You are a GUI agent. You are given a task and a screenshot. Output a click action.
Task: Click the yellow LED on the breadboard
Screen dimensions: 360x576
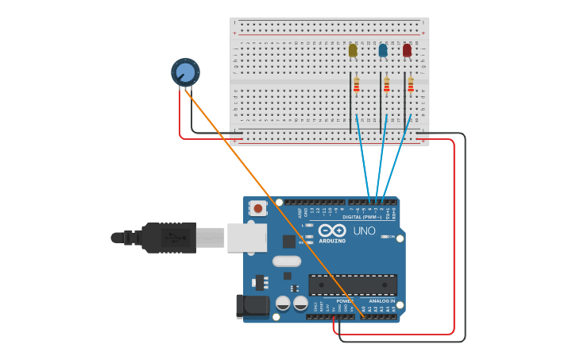[353, 51]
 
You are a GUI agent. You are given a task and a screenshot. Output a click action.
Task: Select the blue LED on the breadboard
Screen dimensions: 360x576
[383, 51]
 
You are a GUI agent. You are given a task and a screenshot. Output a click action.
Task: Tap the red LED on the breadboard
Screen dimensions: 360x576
[407, 51]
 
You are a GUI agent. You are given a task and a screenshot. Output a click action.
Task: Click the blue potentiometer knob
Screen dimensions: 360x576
[185, 72]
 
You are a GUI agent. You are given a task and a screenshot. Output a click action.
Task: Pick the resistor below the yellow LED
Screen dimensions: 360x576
[357, 84]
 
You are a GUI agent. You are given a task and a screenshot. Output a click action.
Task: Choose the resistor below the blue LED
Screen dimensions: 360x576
[387, 84]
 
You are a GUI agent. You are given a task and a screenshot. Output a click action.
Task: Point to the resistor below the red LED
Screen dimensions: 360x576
[411, 84]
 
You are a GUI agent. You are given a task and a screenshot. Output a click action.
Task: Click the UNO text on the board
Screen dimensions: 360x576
[364, 230]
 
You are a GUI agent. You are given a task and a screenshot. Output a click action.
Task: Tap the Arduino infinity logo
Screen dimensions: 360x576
[332, 230]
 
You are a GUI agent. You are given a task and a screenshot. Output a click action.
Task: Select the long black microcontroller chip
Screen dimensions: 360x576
[353, 285]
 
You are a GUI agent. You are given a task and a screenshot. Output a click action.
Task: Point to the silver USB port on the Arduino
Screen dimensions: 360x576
[246, 238]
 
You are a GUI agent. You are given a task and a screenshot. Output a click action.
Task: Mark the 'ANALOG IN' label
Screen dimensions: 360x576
[381, 301]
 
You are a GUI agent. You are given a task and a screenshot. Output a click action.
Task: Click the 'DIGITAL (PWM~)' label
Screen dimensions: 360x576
[362, 217]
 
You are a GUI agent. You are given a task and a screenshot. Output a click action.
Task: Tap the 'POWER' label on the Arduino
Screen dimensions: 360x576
[345, 301]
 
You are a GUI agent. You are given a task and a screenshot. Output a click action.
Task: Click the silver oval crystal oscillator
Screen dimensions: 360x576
[287, 261]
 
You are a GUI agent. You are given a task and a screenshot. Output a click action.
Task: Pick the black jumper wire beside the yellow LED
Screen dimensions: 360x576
[350, 103]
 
